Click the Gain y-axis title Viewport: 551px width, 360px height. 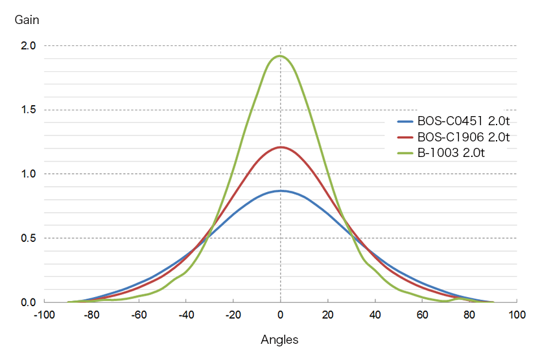[x=27, y=20]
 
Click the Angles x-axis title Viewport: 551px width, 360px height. [x=279, y=340]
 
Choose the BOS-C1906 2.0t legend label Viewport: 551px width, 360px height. [x=463, y=137]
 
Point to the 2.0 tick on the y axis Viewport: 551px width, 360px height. [x=28, y=45]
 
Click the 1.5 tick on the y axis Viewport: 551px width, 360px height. [x=28, y=110]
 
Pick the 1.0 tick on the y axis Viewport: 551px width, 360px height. [x=28, y=174]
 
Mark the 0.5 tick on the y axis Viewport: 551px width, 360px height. [x=28, y=238]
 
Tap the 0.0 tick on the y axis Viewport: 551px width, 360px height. [x=28, y=302]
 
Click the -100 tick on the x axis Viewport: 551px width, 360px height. [x=44, y=315]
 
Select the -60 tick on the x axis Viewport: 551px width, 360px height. [x=138, y=315]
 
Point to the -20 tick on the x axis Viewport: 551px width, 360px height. [x=233, y=315]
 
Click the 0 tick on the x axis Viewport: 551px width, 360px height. [x=280, y=315]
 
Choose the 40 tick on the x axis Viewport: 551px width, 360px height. [x=375, y=315]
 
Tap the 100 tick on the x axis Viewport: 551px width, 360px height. [x=517, y=315]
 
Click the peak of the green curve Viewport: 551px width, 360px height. [x=280, y=56]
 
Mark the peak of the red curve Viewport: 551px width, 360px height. [x=280, y=147]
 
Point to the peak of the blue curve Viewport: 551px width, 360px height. [x=280, y=191]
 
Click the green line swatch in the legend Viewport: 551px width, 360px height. [x=404, y=153]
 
